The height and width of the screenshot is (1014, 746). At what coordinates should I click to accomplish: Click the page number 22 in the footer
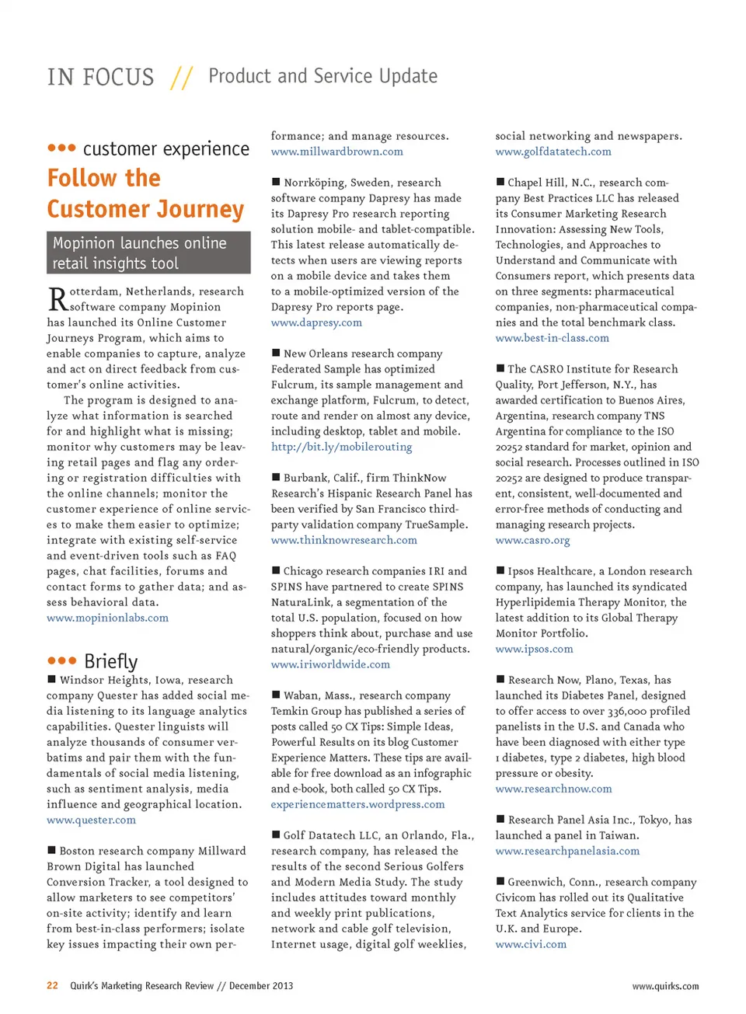(52, 985)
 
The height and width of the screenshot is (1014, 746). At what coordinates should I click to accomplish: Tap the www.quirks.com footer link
(665, 986)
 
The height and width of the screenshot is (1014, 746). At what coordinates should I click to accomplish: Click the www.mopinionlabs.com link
(107, 618)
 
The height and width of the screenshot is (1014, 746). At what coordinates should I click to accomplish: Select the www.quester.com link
(91, 820)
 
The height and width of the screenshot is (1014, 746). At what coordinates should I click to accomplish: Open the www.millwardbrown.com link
(336, 152)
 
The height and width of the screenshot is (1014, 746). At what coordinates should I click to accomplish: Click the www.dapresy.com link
(316, 322)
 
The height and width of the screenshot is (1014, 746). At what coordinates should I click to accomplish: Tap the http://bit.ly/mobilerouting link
(341, 447)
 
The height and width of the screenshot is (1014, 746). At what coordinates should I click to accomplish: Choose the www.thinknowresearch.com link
(343, 540)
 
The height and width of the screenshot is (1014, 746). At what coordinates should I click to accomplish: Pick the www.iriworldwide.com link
(330, 664)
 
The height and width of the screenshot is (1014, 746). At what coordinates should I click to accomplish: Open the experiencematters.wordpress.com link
(357, 804)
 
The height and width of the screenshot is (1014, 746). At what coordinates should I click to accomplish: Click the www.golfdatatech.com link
(553, 152)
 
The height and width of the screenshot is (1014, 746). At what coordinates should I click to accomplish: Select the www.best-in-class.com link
(552, 338)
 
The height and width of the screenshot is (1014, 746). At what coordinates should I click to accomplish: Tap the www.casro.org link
(532, 540)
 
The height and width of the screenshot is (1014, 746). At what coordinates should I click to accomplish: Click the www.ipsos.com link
(534, 649)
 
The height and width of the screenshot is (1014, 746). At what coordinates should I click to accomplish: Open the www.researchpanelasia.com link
(567, 851)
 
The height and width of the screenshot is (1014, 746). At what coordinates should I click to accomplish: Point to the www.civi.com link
(531, 944)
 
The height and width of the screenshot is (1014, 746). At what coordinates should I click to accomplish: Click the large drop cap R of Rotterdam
(58, 298)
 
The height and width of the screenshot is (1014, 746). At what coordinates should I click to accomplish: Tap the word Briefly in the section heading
(111, 661)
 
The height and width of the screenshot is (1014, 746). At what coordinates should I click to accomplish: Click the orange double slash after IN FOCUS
(182, 78)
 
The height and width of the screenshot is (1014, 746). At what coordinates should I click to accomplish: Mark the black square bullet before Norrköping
(276, 182)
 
